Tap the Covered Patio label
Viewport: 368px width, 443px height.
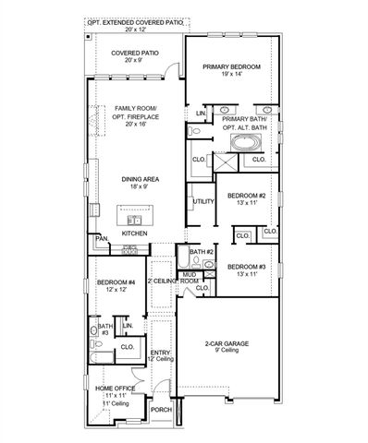tap(135, 54)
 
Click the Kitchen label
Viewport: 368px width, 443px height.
tap(136, 234)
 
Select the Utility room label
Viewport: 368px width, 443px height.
tap(202, 200)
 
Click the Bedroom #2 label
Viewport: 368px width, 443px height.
tap(247, 197)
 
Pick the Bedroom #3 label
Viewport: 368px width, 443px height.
tap(247, 267)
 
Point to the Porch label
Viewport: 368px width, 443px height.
tap(161, 410)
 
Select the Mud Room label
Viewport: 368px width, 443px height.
tap(190, 277)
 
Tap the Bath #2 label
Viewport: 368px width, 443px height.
tap(202, 252)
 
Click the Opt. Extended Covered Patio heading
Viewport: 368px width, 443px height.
tap(135, 20)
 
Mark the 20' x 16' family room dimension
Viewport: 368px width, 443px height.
tap(137, 122)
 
